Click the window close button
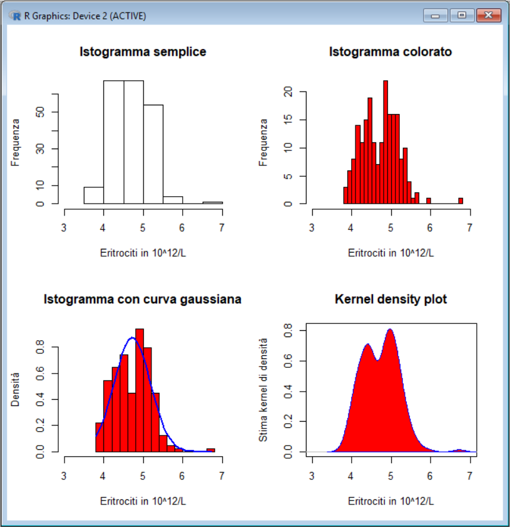[489, 16]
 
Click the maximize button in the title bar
[462, 16]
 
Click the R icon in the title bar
[16, 16]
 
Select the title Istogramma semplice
[143, 52]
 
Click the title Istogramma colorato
[390, 52]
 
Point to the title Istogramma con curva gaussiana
[143, 300]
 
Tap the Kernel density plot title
[391, 300]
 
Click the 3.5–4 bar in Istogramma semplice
[94, 196]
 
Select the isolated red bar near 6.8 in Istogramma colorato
[461, 201]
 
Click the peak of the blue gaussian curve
[132, 338]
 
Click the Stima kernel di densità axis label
[263, 389]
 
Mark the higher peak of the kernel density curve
[390, 329]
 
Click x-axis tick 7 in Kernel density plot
[469, 476]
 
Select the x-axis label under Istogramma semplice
[143, 253]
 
